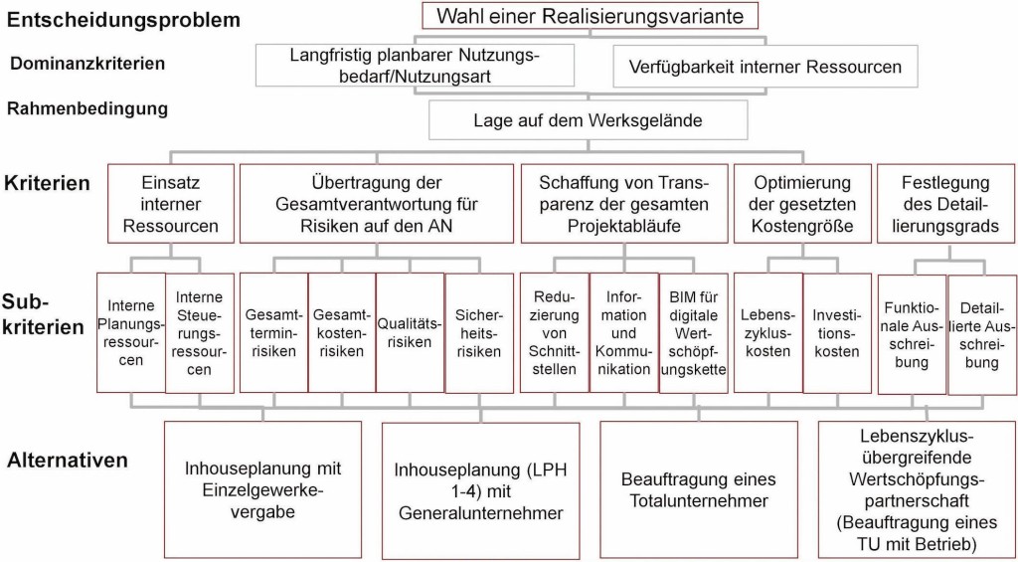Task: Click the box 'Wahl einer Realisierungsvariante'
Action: (590, 16)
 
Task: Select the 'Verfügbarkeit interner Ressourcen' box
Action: (765, 68)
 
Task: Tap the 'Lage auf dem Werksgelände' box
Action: (588, 121)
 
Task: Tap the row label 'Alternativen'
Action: (68, 461)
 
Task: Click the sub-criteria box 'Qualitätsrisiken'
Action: (410, 332)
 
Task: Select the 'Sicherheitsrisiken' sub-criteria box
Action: (478, 332)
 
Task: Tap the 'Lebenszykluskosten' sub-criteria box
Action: (766, 332)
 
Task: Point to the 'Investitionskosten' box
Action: (836, 332)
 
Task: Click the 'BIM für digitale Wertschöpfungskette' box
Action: (693, 332)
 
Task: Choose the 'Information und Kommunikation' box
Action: (622, 332)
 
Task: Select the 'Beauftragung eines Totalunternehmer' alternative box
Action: (698, 488)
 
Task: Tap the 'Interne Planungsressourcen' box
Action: (129, 332)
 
